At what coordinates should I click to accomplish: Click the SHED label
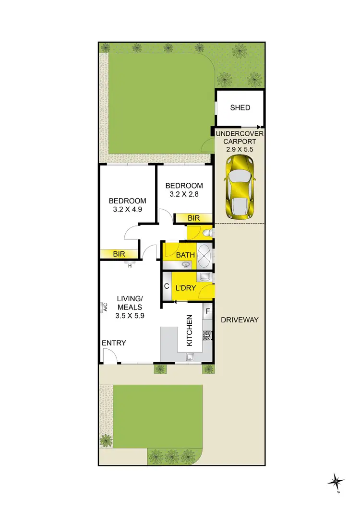pyautogui.click(x=240, y=107)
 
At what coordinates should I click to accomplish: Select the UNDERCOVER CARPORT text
pyautogui.click(x=240, y=138)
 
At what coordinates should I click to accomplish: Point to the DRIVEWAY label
pyautogui.click(x=240, y=320)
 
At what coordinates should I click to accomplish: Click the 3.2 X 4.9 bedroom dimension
pyautogui.click(x=127, y=210)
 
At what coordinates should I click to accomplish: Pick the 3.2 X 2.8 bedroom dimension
pyautogui.click(x=184, y=195)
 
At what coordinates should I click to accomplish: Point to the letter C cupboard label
pyautogui.click(x=167, y=287)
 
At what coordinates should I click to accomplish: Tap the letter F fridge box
pyautogui.click(x=208, y=311)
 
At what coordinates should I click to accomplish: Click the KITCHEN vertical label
pyautogui.click(x=189, y=331)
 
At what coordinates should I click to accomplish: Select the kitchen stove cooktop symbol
pyautogui.click(x=208, y=335)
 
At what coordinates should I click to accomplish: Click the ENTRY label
pyautogui.click(x=114, y=343)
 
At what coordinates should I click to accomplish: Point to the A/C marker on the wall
pyautogui.click(x=103, y=308)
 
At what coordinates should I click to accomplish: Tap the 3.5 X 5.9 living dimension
pyautogui.click(x=130, y=316)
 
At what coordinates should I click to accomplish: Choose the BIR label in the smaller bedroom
pyautogui.click(x=193, y=218)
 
